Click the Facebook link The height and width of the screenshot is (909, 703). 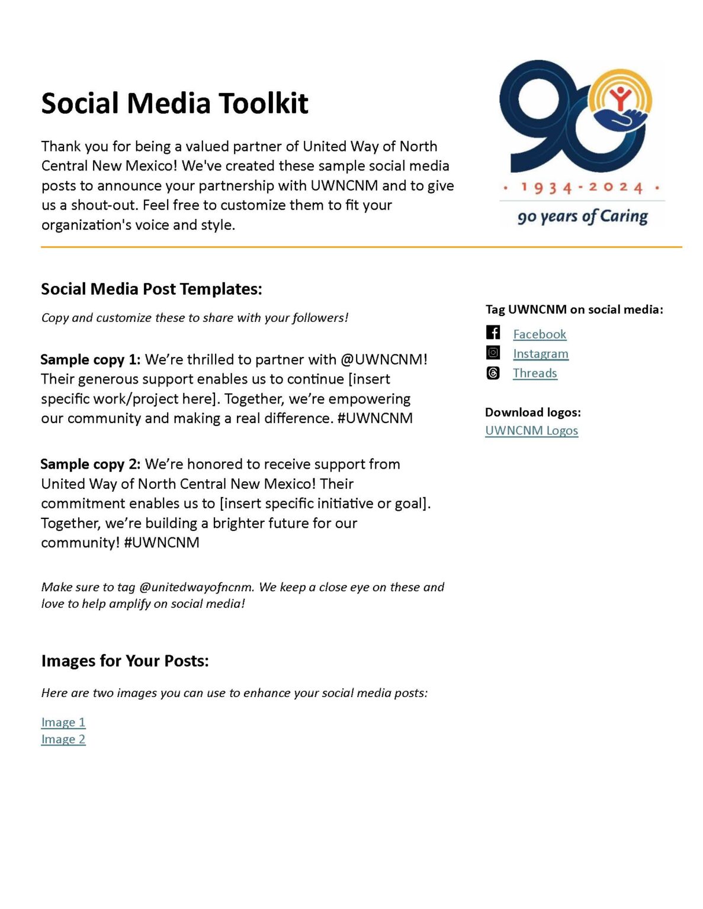coord(539,334)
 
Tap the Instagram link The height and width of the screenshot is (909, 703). coord(540,354)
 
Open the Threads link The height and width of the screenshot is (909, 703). coord(534,373)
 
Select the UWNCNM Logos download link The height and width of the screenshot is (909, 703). coord(531,431)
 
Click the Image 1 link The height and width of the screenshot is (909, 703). coord(63,723)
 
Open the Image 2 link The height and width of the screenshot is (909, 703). coord(63,740)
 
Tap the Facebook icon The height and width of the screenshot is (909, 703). coord(493,333)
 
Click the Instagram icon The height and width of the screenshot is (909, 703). coord(493,353)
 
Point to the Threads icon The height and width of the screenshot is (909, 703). coord(493,373)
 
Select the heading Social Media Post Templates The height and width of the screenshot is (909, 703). coord(151,289)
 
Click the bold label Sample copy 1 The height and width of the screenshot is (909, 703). coord(90,360)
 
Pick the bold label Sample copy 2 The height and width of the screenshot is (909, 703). coord(90,465)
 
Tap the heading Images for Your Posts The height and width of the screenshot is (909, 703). coord(125,661)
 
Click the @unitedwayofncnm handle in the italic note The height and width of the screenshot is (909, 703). coord(196,588)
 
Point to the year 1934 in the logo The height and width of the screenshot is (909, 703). coord(546,188)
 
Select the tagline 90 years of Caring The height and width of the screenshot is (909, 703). coord(582,217)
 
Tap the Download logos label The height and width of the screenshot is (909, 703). coord(532,412)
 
